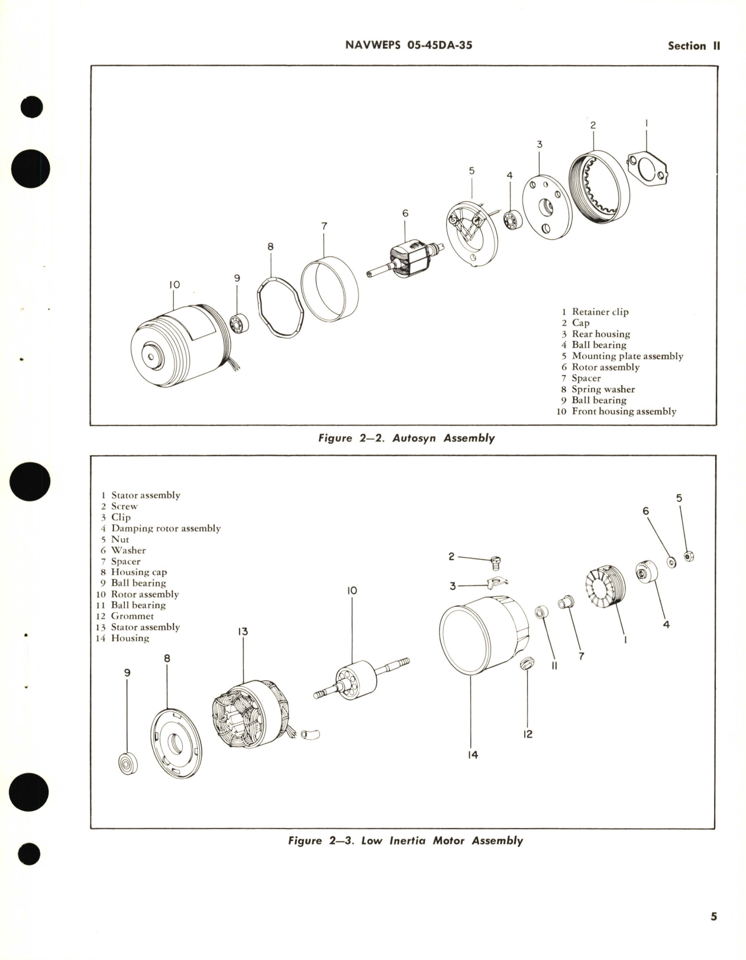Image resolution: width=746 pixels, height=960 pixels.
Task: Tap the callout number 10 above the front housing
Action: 174,285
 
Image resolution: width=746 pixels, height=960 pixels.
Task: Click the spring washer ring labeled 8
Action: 280,307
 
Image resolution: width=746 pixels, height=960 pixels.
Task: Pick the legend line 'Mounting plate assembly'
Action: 627,356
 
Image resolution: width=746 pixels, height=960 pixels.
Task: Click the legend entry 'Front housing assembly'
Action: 624,411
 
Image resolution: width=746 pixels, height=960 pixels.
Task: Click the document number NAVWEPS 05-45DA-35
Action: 409,45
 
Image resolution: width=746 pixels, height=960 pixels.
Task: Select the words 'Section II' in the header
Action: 693,46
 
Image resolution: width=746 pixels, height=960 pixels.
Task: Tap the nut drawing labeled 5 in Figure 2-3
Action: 689,556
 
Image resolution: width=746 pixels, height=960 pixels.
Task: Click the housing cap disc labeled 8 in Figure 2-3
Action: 176,743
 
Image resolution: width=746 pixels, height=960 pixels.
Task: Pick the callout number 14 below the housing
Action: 472,755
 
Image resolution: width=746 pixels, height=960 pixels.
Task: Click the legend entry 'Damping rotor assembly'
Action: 166,528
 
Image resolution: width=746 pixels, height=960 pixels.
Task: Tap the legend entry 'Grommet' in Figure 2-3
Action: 132,616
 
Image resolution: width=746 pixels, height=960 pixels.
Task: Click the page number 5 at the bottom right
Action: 713,916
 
